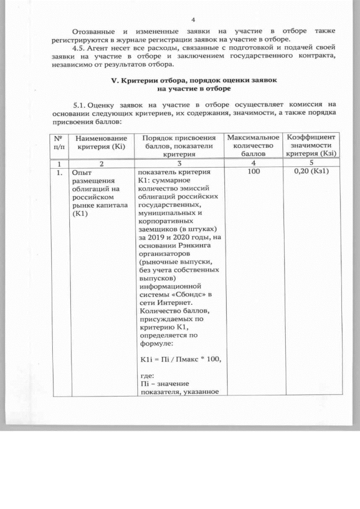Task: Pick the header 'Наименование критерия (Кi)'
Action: [x=98, y=142]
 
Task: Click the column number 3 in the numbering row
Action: [x=178, y=163]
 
